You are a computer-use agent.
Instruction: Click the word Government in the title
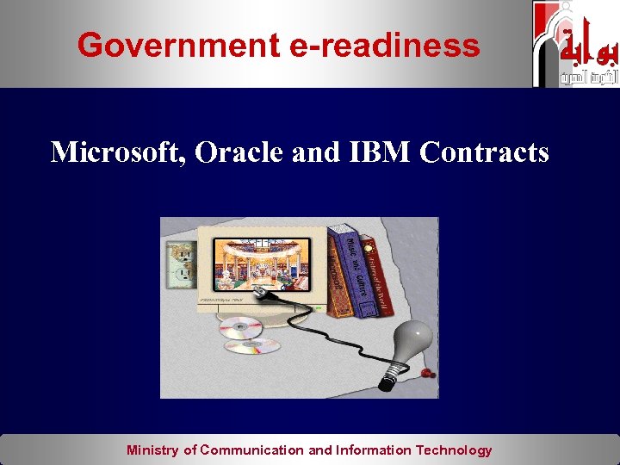coord(178,45)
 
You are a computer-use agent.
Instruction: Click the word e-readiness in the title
coord(384,45)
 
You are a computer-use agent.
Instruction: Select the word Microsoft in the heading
coord(115,152)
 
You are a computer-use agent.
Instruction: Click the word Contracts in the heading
coord(484,152)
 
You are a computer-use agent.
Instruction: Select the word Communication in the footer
coord(252,449)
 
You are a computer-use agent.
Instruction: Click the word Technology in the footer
coord(454,449)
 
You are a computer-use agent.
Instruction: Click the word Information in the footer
coord(374,449)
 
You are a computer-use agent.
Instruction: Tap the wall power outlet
coord(181,263)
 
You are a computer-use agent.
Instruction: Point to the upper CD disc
coord(239,327)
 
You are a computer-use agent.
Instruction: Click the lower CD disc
coord(252,346)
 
